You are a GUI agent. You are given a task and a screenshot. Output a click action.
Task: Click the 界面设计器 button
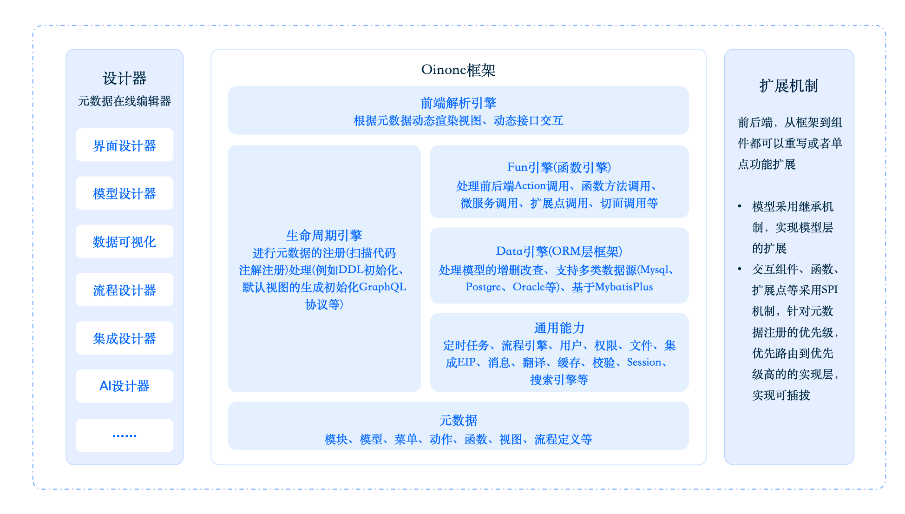click(x=125, y=145)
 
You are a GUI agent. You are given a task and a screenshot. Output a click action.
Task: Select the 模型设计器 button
click(x=125, y=193)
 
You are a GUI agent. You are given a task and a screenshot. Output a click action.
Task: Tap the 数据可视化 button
click(x=125, y=242)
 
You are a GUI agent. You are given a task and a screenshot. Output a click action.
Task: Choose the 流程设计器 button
click(x=125, y=290)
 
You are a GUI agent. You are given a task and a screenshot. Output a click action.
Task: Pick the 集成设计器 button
click(x=125, y=338)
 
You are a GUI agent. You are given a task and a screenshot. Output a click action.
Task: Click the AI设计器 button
click(x=125, y=386)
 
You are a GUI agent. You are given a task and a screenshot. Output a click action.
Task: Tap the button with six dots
click(x=125, y=436)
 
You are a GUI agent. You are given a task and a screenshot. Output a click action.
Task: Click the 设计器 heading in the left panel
click(x=125, y=78)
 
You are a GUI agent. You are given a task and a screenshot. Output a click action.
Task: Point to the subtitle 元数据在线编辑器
click(x=125, y=101)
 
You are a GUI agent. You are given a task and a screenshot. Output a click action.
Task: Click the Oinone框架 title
click(x=458, y=70)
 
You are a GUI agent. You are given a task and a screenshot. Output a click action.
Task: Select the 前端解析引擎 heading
click(x=458, y=103)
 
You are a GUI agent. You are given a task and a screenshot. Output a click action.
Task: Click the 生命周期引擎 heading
click(x=324, y=235)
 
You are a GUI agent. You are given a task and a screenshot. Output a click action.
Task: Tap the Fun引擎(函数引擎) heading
click(x=559, y=167)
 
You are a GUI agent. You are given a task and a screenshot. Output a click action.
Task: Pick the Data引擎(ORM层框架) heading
click(x=559, y=251)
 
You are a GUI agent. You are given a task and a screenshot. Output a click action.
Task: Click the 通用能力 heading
click(x=559, y=328)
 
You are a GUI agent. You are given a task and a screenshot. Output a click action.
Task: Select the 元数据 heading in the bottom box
click(x=458, y=420)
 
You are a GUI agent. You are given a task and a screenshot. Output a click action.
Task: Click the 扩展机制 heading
click(x=788, y=86)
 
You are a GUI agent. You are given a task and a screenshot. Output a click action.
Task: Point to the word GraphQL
click(x=382, y=287)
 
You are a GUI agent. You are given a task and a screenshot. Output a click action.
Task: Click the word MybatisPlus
click(x=624, y=287)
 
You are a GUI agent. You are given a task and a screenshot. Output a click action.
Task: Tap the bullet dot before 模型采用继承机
click(x=740, y=206)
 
